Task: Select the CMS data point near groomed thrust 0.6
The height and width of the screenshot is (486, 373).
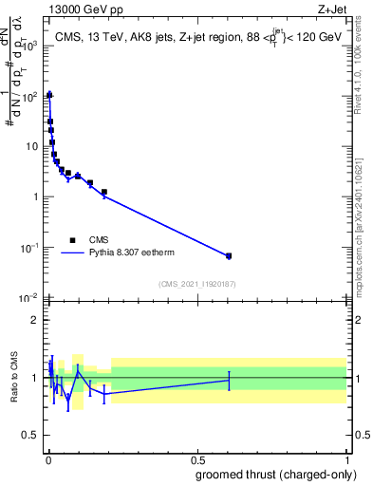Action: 229,256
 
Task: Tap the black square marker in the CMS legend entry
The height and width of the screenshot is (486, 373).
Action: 72,240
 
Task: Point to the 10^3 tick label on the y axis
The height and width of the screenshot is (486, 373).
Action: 30,46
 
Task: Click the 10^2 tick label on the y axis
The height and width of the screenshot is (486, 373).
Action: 30,96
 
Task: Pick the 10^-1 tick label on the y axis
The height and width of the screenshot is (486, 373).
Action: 30,248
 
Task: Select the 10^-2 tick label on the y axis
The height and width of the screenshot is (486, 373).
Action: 30,298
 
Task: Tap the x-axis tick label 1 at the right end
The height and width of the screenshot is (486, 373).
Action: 347,459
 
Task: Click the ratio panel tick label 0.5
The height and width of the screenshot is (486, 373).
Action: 31,436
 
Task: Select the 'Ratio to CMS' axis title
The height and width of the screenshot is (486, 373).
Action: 14,378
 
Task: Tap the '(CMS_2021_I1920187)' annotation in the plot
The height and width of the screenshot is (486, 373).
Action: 196,284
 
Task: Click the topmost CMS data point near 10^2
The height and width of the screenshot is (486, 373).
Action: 49,95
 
